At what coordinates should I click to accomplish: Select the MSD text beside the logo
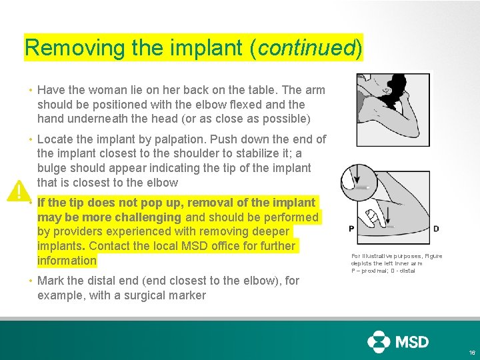[413, 342]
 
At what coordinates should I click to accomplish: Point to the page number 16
[472, 352]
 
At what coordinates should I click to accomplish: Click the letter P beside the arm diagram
[351, 229]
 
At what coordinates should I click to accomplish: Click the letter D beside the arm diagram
[436, 229]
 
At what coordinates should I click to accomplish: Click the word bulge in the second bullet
[52, 168]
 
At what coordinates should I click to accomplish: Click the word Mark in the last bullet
[51, 281]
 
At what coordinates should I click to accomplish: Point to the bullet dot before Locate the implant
[31, 140]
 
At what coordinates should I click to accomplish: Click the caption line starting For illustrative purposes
[396, 256]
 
